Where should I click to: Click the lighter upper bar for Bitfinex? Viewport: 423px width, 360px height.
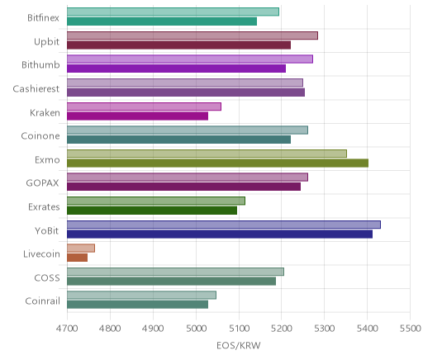pyautogui.click(x=173, y=12)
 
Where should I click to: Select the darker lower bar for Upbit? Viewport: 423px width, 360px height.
pyautogui.click(x=178, y=45)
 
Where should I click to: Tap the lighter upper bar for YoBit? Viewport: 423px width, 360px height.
pyautogui.click(x=224, y=225)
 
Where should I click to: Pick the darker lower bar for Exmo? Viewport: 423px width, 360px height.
pyautogui.click(x=217, y=163)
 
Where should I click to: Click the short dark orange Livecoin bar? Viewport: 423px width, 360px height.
pyautogui.click(x=77, y=258)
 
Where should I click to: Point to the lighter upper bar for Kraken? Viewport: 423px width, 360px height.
pyautogui.click(x=144, y=107)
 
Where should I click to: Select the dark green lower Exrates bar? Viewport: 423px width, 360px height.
pyautogui.click(x=152, y=211)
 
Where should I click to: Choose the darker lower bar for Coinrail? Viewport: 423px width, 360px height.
pyautogui.click(x=137, y=305)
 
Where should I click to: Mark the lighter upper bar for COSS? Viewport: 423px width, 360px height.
pyautogui.click(x=175, y=272)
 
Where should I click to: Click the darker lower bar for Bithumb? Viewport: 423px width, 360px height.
pyautogui.click(x=176, y=69)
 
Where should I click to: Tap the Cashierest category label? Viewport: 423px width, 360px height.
pyautogui.click(x=36, y=89)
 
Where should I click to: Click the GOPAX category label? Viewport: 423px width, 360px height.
pyautogui.click(x=42, y=183)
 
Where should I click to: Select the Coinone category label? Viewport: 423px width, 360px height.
pyautogui.click(x=40, y=136)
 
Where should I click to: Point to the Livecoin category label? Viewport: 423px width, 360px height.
pyautogui.click(x=41, y=253)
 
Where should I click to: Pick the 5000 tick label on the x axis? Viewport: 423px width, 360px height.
pyautogui.click(x=196, y=329)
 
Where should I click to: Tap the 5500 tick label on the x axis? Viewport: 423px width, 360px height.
pyautogui.click(x=410, y=329)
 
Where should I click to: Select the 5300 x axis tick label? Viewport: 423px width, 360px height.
pyautogui.click(x=325, y=329)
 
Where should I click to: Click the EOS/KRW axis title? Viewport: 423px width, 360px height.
pyautogui.click(x=239, y=346)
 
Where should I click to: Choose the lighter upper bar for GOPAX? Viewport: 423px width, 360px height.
pyautogui.click(x=188, y=178)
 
